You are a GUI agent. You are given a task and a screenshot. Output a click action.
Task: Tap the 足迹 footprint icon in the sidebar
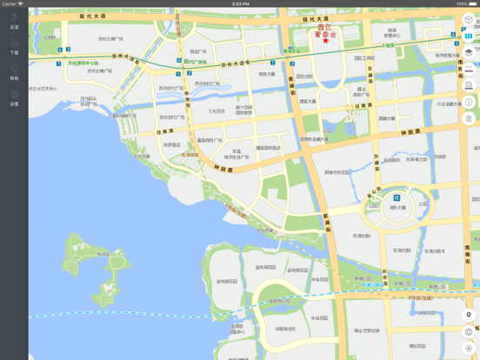point(14,20)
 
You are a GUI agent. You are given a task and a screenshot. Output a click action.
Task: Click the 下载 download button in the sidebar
point(14,45)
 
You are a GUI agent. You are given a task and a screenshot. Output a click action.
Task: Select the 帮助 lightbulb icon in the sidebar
point(14,71)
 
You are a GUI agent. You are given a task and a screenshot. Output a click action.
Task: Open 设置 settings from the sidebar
point(14,97)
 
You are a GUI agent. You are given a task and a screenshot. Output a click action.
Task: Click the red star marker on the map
point(325,40)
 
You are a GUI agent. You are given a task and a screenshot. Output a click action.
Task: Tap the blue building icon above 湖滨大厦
point(397,198)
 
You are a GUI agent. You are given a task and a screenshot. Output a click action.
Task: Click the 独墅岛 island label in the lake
point(103,255)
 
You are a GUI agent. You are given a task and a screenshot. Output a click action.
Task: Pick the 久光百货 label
point(216,110)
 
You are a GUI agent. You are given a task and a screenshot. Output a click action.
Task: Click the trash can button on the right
point(469,119)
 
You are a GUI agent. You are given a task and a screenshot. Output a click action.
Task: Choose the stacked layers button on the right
point(469,52)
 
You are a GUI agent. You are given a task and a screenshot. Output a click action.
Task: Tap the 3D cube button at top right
point(469,19)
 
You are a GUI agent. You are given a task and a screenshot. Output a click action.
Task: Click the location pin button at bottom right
point(469,315)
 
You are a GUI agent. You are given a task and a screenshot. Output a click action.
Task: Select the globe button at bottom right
point(469,331)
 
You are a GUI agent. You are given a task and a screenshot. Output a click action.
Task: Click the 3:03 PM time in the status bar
point(240,3)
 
